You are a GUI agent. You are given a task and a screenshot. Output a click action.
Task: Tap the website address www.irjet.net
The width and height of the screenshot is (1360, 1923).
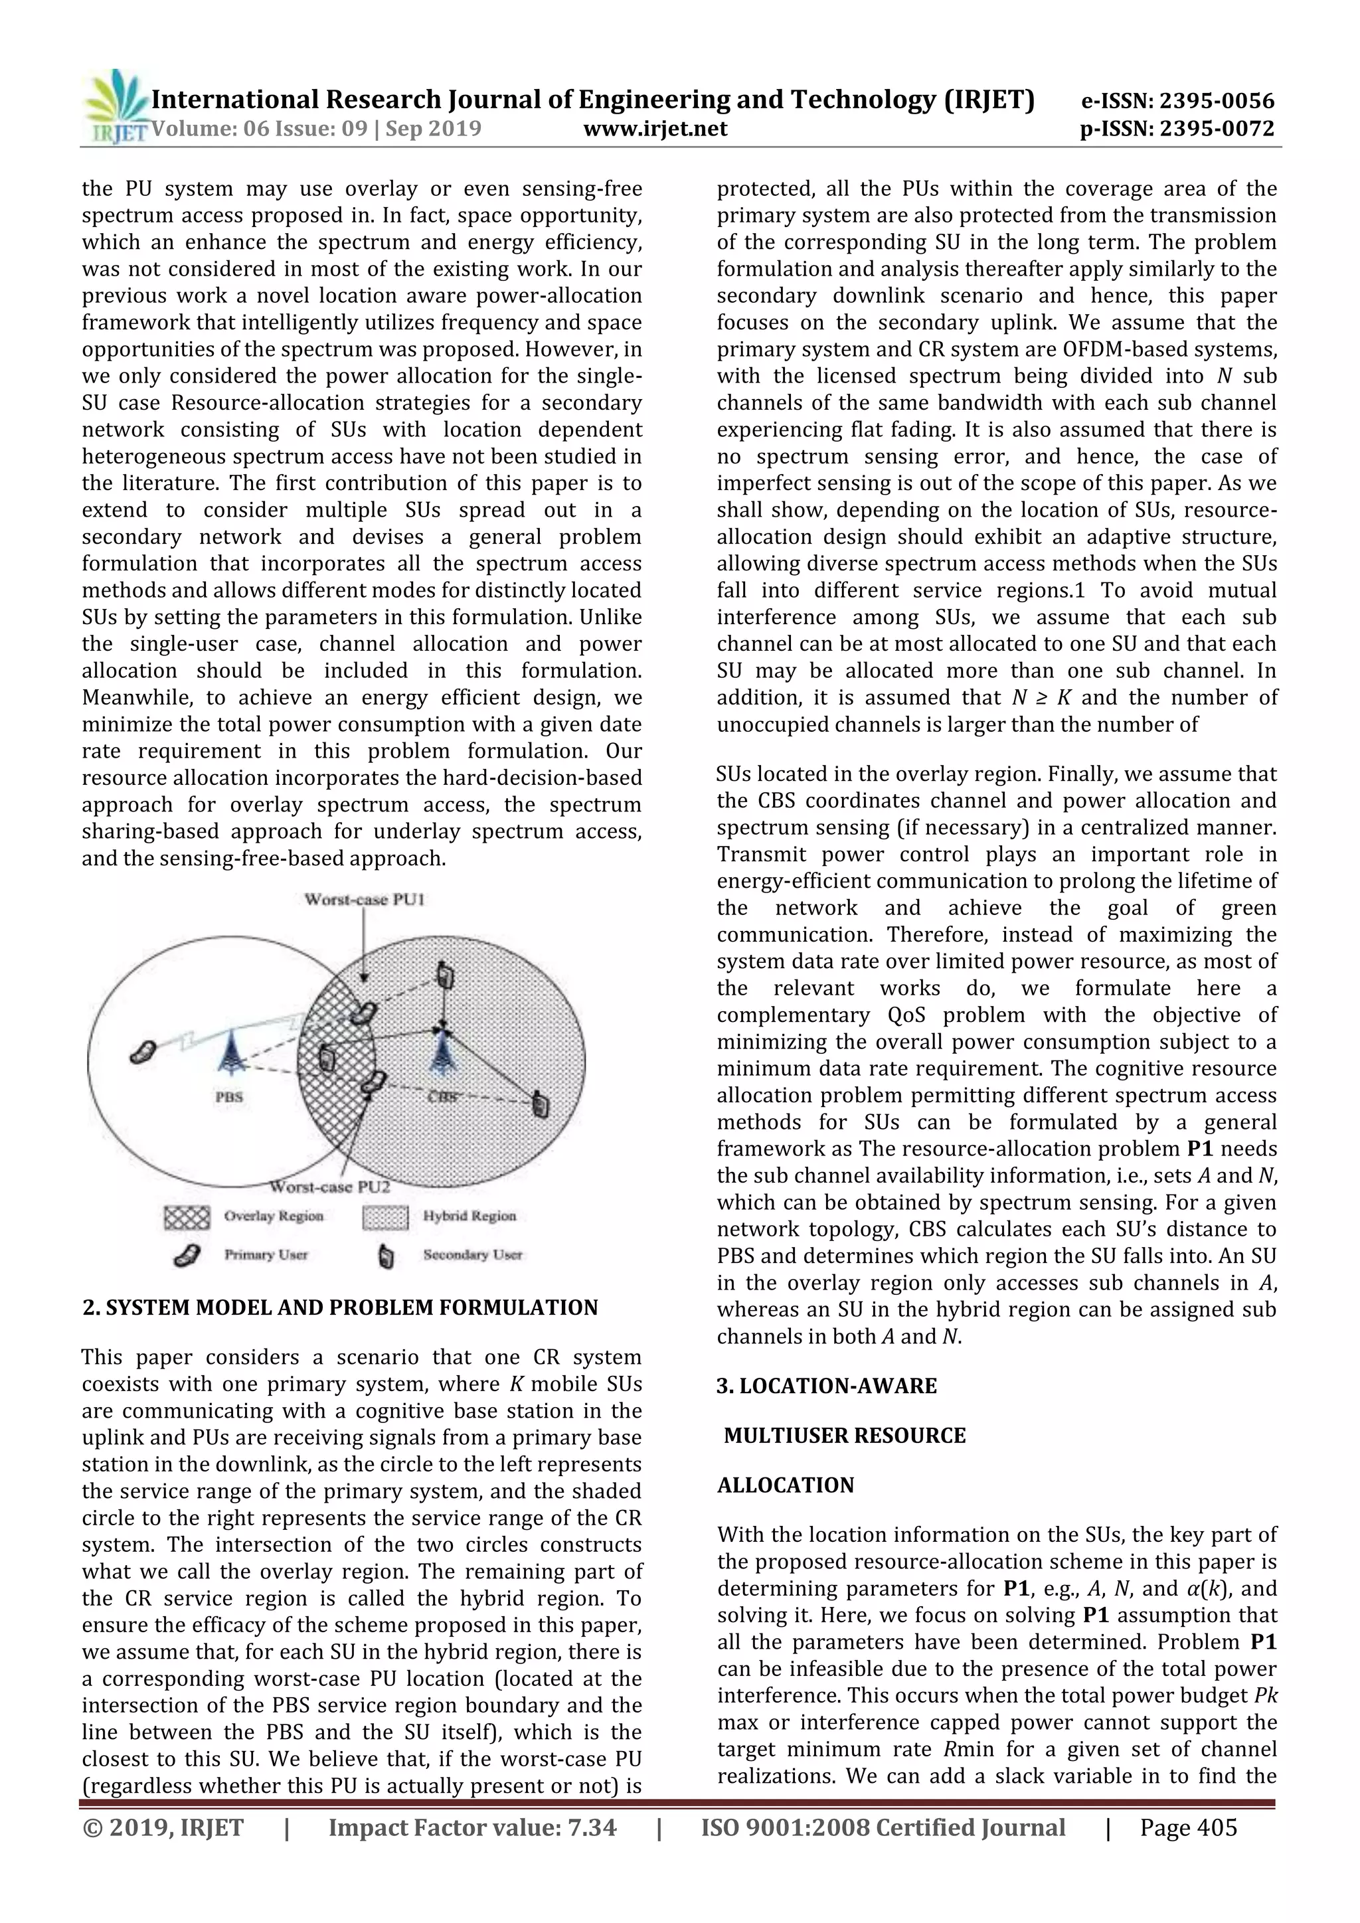click(x=654, y=128)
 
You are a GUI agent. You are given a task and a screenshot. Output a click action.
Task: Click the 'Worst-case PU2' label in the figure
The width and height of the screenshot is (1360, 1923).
click(x=329, y=1187)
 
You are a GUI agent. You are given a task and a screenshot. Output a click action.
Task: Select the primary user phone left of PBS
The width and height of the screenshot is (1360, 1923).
click(x=144, y=1051)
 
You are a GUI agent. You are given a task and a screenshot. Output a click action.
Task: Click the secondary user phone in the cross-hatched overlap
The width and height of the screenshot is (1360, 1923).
click(x=327, y=1060)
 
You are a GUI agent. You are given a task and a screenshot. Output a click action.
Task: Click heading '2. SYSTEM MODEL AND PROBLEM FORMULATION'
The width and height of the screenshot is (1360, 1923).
click(x=340, y=1307)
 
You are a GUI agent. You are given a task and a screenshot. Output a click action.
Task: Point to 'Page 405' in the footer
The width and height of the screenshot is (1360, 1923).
click(x=1187, y=1827)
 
